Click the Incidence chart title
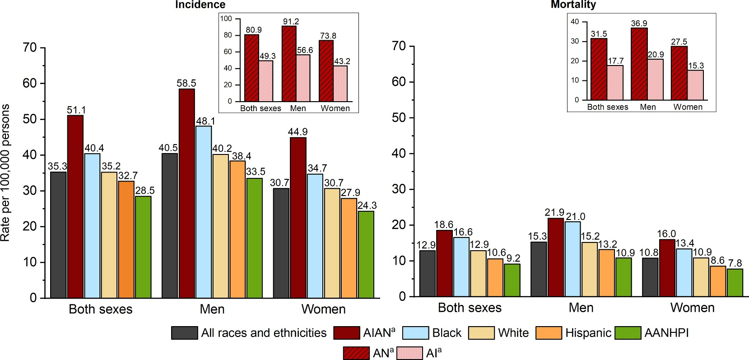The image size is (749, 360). pos(200,5)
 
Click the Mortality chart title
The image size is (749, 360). pos(573,5)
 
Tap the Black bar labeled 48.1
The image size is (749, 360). pos(204,212)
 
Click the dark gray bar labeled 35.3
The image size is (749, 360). pos(58,235)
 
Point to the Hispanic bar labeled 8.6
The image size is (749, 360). pos(718,281)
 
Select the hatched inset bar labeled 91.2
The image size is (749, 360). pos(289,64)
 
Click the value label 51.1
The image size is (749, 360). pos(76,110)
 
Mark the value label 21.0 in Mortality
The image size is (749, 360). pos(576,217)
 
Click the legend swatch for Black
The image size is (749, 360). pos(415,333)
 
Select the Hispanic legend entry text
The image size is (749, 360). pos(588,333)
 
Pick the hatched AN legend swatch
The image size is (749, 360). pos(356,353)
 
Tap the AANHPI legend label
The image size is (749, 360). pos(667,333)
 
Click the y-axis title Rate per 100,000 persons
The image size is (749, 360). pos(5,173)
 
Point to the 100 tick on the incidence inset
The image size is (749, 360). pos(226,19)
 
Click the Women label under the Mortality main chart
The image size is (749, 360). pos(692,308)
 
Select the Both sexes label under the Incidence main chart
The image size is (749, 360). pos(101,309)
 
